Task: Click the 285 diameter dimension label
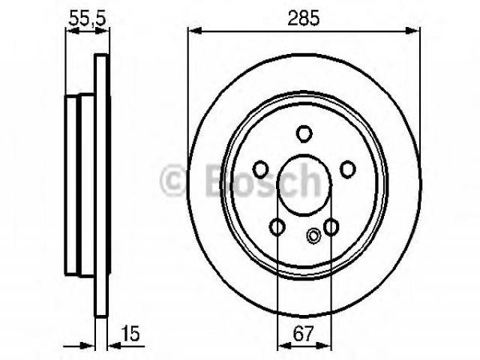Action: [304, 17]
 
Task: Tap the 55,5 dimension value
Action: [88, 18]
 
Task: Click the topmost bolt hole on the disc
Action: [304, 133]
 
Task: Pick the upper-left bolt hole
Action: [260, 169]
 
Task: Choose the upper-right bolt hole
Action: [348, 169]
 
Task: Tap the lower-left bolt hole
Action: [277, 226]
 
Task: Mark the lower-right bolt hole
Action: [331, 226]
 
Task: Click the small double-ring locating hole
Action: [313, 236]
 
